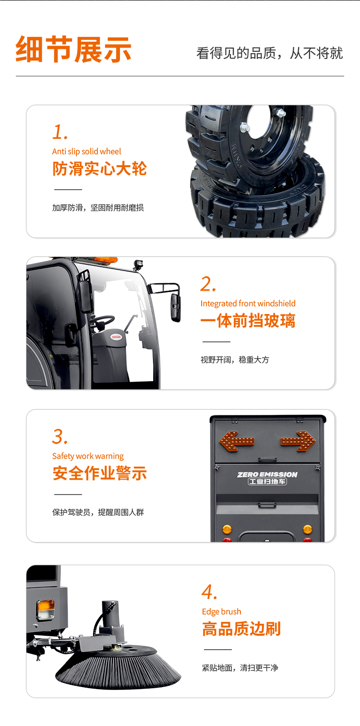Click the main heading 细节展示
point(73,49)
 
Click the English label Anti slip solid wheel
point(86,151)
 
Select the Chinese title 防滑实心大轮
point(99,169)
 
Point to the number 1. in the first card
point(60,132)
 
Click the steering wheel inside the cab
point(102,321)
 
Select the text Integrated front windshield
point(248,303)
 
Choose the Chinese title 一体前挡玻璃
point(248,321)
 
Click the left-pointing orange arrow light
point(237,441)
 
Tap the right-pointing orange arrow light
point(298,441)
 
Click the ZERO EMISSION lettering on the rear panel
point(267,474)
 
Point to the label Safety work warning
point(88,456)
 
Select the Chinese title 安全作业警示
point(99,473)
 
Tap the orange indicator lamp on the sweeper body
point(45,609)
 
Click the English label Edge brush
point(222,612)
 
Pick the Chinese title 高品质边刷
point(241,629)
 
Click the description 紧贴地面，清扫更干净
point(240,667)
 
